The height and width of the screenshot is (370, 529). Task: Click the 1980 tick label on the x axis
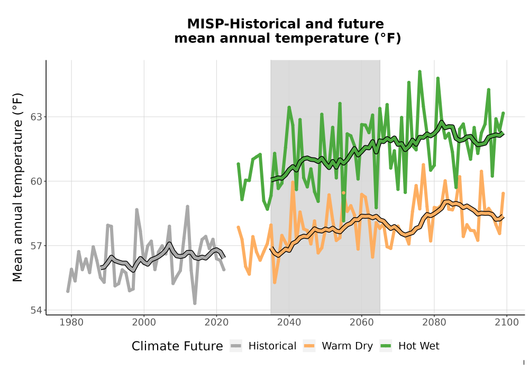[x=71, y=322]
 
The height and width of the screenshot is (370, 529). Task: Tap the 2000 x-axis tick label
[x=144, y=322]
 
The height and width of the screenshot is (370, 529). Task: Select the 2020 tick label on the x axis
[x=216, y=322]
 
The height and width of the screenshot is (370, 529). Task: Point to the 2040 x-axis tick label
[x=289, y=322]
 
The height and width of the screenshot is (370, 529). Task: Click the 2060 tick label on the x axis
[x=362, y=322]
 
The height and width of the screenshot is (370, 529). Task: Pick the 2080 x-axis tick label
[x=434, y=322]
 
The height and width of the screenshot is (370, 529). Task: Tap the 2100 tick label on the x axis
[x=507, y=322]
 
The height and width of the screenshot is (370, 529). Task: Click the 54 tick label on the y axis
[x=37, y=310]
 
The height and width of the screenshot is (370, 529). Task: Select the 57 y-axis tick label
[x=37, y=246]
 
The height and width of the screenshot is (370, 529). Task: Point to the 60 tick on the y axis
[x=37, y=181]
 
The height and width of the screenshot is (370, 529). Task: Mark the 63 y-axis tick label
[x=37, y=117]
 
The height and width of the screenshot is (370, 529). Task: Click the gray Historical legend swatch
[x=236, y=346]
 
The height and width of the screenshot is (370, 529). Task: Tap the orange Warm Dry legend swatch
[x=309, y=346]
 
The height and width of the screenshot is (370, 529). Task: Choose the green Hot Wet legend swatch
[x=386, y=346]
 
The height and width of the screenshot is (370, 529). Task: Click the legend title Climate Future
[x=177, y=346]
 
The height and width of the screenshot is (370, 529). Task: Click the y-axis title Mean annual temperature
[x=17, y=187]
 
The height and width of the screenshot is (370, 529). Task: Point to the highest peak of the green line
[x=419, y=71]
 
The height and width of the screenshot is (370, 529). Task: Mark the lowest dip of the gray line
[x=195, y=303]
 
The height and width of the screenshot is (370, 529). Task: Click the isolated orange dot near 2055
[x=343, y=193]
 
